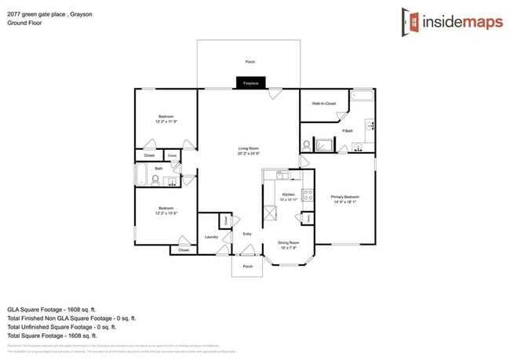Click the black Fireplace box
[250, 82]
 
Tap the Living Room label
[248, 148]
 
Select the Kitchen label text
[288, 194]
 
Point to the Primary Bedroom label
[344, 197]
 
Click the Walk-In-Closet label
[323, 104]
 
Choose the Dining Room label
[289, 243]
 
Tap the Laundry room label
[210, 236]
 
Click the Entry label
[247, 233]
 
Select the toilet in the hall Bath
[155, 180]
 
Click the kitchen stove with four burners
[308, 196]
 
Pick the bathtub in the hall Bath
[141, 175]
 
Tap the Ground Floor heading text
[24, 24]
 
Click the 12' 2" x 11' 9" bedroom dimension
[165, 122]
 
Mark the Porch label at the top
[250, 61]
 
